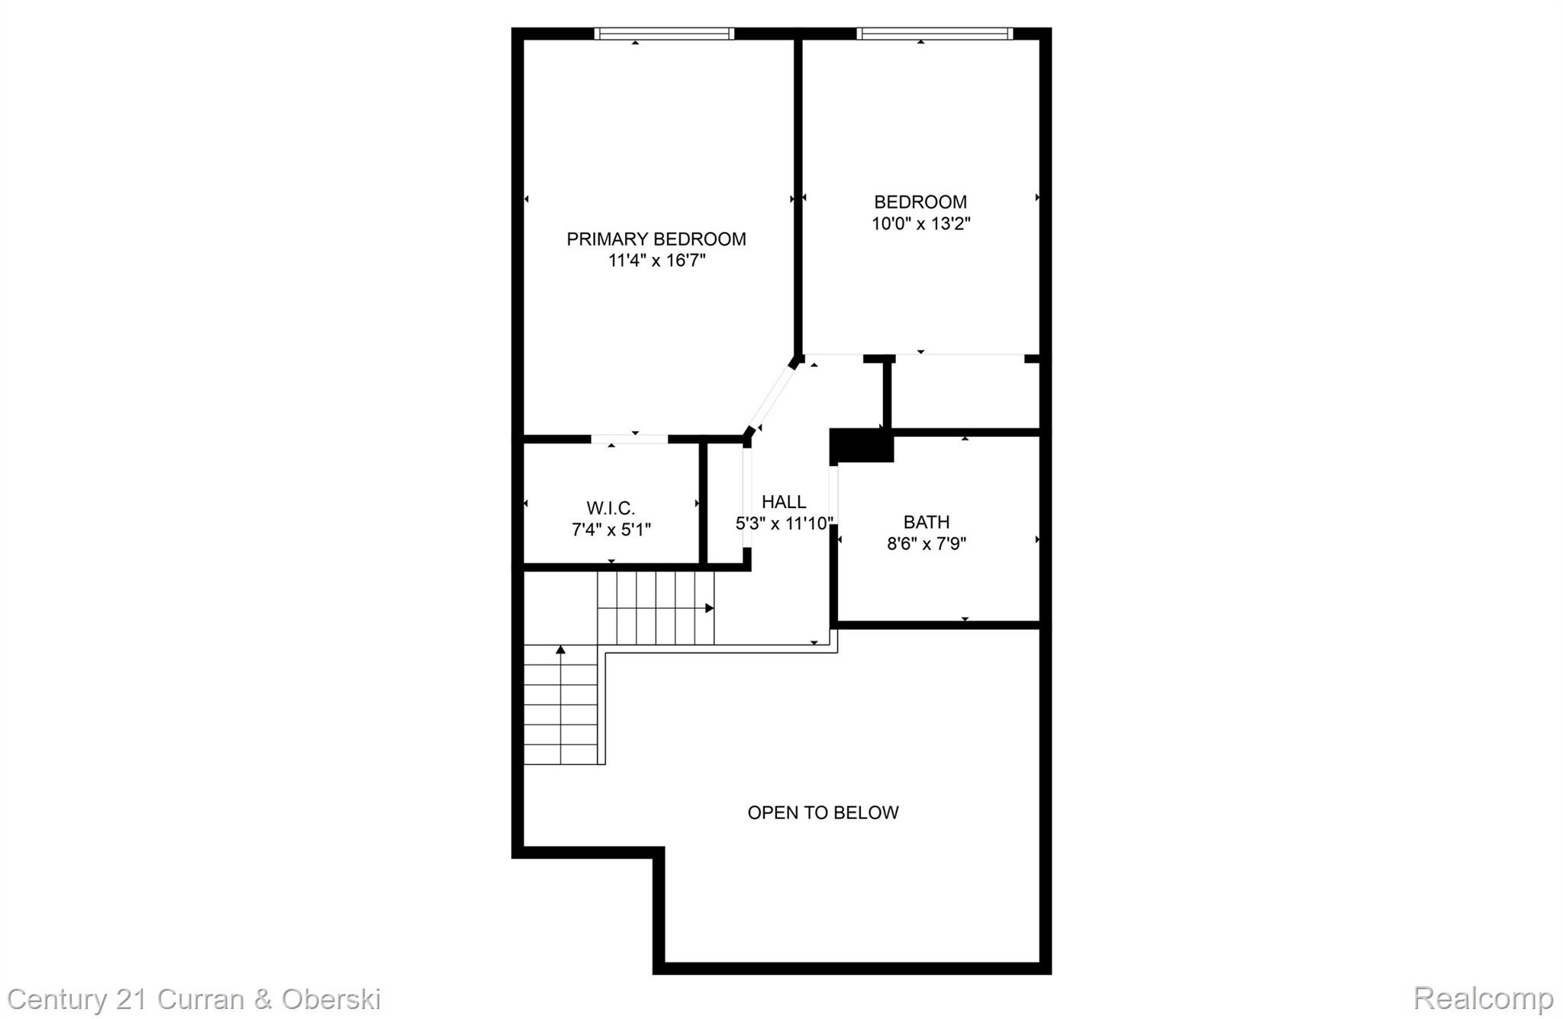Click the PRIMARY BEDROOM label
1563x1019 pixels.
coord(656,239)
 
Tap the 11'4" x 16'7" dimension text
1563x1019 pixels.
coord(656,261)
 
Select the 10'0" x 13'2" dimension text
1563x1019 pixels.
coord(920,224)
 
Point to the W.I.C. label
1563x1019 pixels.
coord(611,508)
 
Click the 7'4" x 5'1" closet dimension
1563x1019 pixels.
coord(611,529)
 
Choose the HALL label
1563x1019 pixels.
coord(784,502)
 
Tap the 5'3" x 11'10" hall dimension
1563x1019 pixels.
coord(784,524)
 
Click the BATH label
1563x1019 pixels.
coord(927,522)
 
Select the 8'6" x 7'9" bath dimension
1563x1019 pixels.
coord(927,544)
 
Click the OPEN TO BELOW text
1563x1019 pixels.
coord(823,813)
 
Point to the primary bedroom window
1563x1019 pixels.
coord(664,34)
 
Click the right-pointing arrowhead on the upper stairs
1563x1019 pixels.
coord(710,608)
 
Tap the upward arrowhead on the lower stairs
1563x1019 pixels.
coord(561,650)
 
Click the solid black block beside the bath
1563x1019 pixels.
coord(861,445)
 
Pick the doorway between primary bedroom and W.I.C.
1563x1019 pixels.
coord(630,439)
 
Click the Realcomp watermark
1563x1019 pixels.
coord(1483,998)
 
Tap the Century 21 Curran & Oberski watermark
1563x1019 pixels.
coord(194,999)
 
